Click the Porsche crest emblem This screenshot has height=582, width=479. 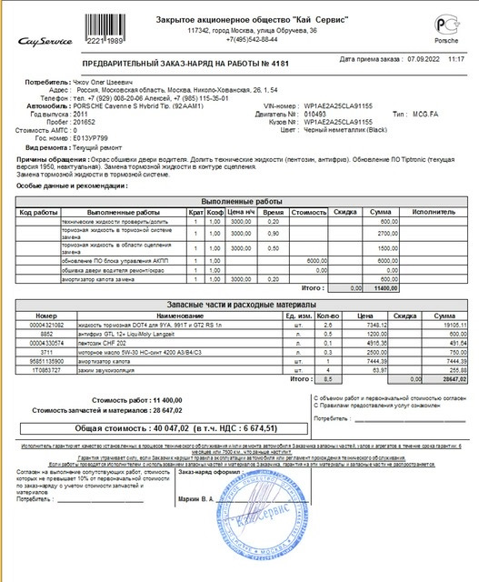click(445, 25)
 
